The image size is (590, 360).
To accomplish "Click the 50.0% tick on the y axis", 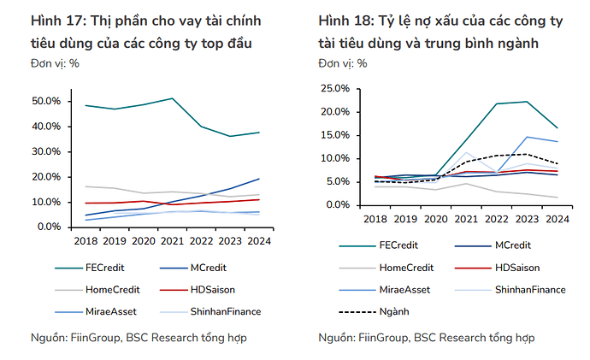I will [x=46, y=102].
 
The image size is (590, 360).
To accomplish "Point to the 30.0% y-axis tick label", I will [x=46, y=152].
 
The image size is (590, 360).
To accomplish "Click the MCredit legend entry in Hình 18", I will [x=516, y=245].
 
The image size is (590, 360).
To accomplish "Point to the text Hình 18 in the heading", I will [x=342, y=21].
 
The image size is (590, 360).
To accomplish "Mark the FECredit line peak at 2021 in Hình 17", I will [x=174, y=98].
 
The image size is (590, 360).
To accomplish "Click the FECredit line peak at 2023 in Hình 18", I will [x=527, y=102].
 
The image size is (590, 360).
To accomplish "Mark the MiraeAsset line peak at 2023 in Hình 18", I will [x=527, y=137].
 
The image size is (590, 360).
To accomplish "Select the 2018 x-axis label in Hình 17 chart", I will [x=86, y=241].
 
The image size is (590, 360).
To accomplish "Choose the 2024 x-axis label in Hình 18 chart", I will [x=558, y=219].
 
